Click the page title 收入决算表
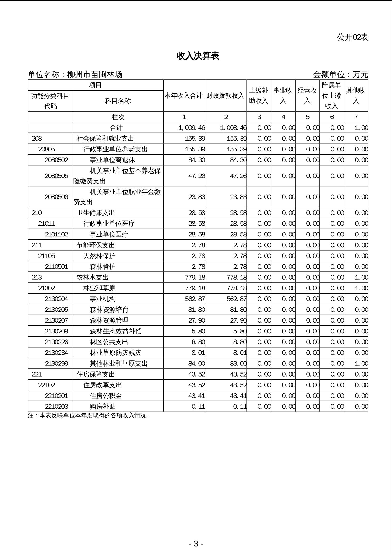[x=198, y=56]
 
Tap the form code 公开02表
[x=352, y=37]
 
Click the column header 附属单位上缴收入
[x=331, y=96]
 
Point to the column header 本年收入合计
[x=184, y=96]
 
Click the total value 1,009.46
[x=192, y=128]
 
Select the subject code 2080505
[x=56, y=176]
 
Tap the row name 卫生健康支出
[x=96, y=213]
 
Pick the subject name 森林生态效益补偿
[x=116, y=331]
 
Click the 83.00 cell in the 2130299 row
[x=238, y=364]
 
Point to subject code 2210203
[x=56, y=407]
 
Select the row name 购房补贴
[x=102, y=407]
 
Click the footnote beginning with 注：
[x=89, y=416]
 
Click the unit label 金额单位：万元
[x=340, y=75]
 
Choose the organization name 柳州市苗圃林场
[x=95, y=75]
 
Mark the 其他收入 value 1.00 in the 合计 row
[x=361, y=128]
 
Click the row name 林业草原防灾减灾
[x=116, y=353]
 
